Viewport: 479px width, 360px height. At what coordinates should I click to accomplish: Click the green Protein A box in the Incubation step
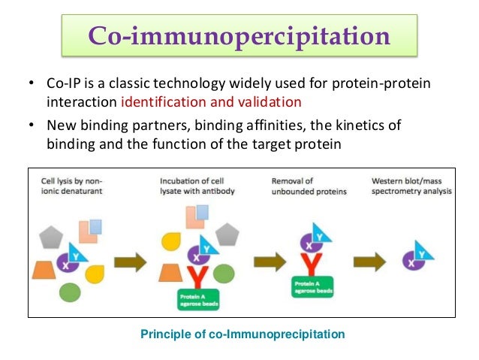[x=197, y=301]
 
